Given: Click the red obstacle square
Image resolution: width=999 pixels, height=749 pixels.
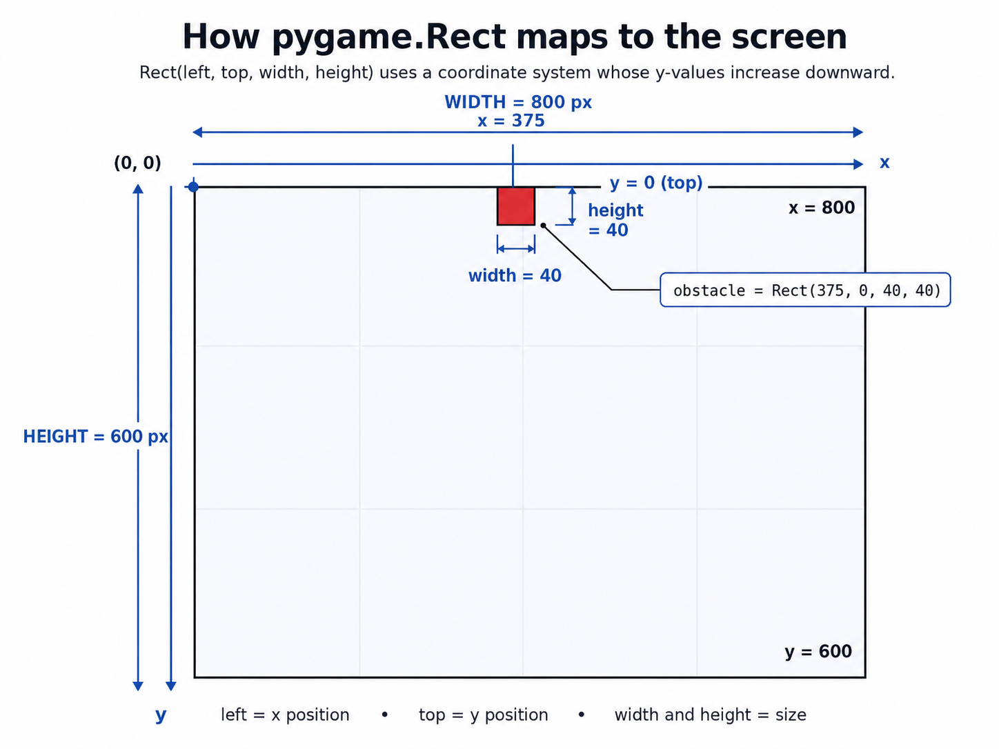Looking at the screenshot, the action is click(x=515, y=206).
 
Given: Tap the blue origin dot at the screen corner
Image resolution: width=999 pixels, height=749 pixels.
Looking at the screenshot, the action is click(x=193, y=187).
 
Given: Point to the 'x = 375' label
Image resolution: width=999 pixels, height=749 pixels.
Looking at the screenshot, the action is click(x=511, y=121).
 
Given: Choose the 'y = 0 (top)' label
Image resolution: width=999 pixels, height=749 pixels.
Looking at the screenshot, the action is click(x=656, y=183).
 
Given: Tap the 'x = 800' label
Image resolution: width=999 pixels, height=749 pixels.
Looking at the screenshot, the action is click(x=822, y=208).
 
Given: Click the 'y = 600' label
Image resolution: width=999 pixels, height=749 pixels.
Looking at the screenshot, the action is click(x=818, y=652).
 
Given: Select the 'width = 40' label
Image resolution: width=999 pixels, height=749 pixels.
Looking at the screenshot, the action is click(x=515, y=276).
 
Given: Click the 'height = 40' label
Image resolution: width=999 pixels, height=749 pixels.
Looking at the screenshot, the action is click(x=615, y=220).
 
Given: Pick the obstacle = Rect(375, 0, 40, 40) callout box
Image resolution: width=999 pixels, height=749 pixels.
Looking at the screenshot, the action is click(x=805, y=290).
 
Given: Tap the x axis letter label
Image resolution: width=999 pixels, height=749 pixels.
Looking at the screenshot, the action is click(x=884, y=162).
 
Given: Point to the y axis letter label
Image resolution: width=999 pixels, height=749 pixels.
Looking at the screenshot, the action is click(x=161, y=715).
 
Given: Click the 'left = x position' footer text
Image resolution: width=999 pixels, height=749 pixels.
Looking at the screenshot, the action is click(x=285, y=715).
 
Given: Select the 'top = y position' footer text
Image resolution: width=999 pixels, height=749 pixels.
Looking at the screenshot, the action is click(x=484, y=715).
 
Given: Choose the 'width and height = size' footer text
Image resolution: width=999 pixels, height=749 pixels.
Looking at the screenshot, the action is click(x=710, y=715).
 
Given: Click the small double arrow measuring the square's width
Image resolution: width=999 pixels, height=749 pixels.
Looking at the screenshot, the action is click(x=516, y=248).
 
